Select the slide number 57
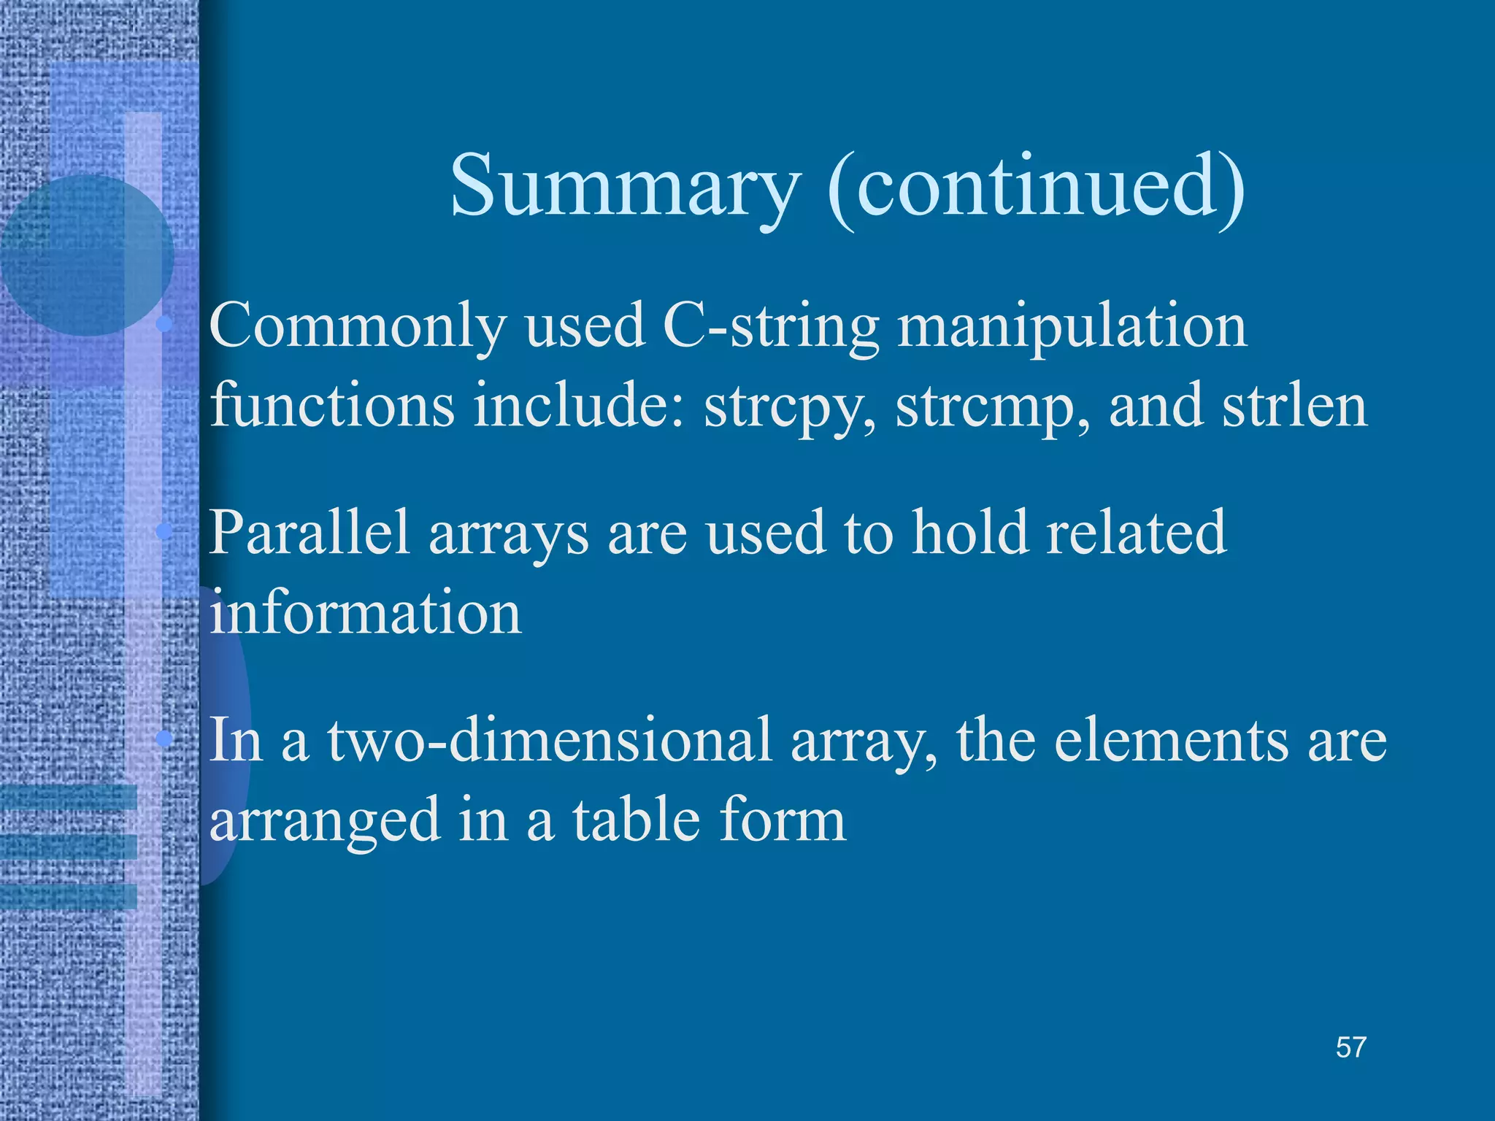point(1350,1047)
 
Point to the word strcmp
point(992,407)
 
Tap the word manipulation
point(1072,327)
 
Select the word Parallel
point(310,533)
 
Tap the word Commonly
point(358,327)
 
